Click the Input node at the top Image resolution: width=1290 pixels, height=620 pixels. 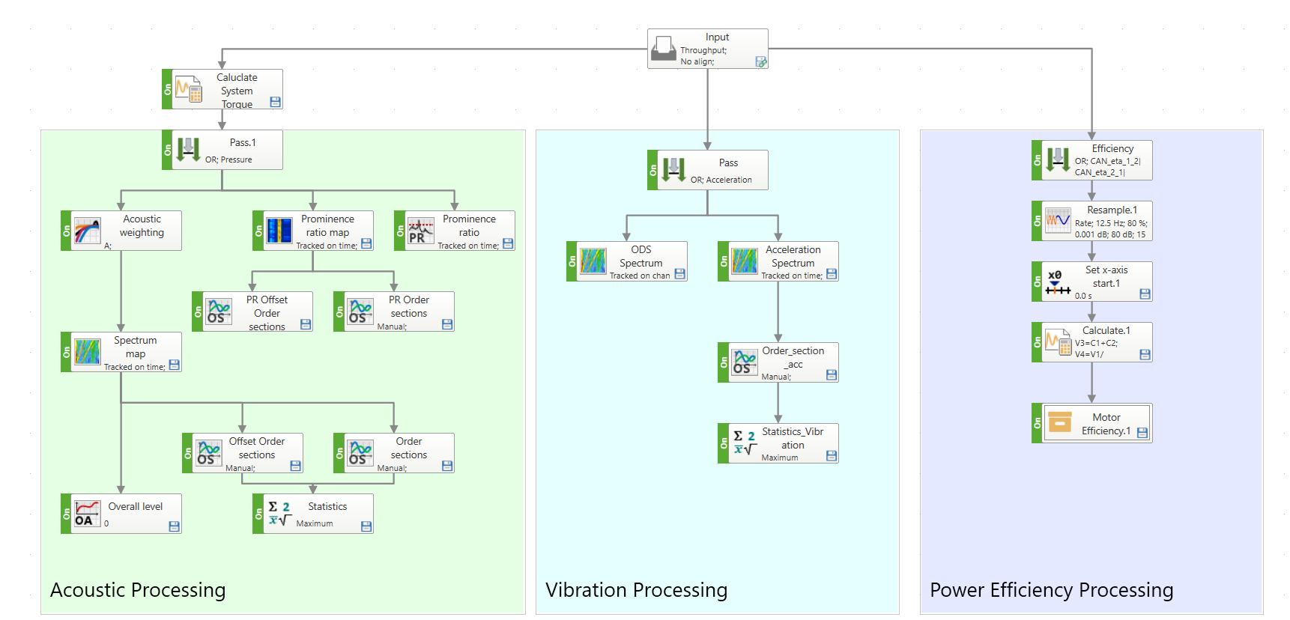pos(707,49)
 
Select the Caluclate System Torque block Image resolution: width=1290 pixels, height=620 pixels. pos(222,89)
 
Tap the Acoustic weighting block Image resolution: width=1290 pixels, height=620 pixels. pos(121,230)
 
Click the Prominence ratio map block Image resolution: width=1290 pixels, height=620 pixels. pos(313,230)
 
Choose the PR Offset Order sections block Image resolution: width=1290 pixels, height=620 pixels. pos(252,311)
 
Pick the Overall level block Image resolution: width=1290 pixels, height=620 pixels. pos(121,514)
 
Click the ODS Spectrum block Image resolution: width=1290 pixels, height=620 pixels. pos(627,261)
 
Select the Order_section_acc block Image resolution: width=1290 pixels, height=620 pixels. pos(778,362)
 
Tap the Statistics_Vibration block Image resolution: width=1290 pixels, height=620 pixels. pos(778,443)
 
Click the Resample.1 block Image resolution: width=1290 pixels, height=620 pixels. pos(1092,221)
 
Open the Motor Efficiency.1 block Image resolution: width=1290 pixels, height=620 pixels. pos(1092,423)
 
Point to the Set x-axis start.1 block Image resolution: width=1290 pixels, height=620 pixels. pos(1092,282)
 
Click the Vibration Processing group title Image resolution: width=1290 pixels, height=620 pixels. pos(637,590)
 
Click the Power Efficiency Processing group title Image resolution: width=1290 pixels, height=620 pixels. pos(1052,590)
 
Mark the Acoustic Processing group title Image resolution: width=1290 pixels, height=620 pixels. pos(138,590)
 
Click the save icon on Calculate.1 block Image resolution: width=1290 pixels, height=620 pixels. pos(1145,355)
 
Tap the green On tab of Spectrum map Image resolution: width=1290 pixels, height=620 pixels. pos(66,352)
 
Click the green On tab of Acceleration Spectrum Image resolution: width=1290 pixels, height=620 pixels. pos(723,261)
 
